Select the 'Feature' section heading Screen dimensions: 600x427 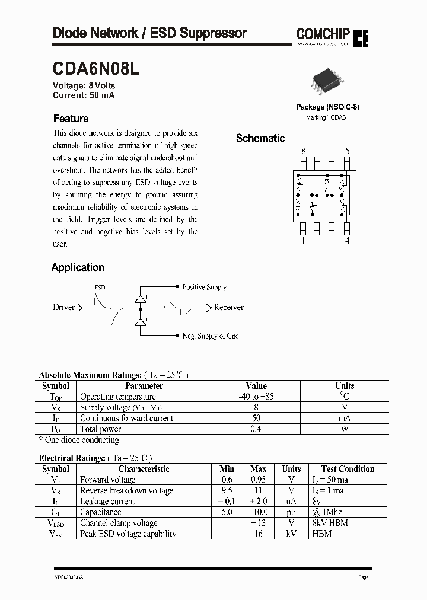(71, 119)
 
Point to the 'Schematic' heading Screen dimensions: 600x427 (260, 138)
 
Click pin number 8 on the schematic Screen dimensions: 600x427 (304, 152)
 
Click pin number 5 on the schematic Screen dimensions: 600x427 (347, 152)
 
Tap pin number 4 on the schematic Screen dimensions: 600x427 (347, 240)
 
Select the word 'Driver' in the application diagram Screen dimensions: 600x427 (64, 307)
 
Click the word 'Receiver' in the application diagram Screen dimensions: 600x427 (228, 307)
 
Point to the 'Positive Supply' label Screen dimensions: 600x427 (204, 287)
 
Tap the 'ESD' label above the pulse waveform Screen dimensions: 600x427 (100, 288)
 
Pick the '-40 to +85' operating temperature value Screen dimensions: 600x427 (256, 397)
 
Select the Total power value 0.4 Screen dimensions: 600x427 (256, 429)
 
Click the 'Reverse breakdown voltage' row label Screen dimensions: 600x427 (126, 490)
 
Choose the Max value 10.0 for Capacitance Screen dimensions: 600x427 (259, 512)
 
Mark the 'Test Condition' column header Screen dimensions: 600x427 (348, 468)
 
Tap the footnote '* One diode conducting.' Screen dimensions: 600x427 (79, 440)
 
